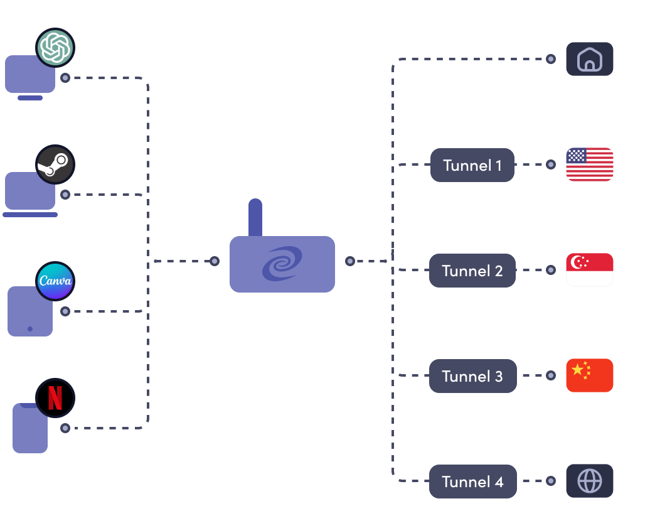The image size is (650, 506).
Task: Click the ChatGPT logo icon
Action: [x=55, y=48]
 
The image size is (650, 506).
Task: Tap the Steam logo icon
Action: [x=55, y=164]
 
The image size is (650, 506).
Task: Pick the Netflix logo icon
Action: [x=55, y=398]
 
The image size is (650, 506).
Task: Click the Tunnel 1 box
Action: [x=472, y=165]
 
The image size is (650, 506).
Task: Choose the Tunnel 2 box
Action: [x=472, y=271]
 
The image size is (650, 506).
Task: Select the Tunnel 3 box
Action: [x=472, y=376]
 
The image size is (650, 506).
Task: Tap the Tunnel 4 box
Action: [x=472, y=482]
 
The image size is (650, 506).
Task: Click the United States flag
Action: [x=589, y=164]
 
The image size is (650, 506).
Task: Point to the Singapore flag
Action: [x=589, y=270]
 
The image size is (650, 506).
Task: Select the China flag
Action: [x=589, y=375]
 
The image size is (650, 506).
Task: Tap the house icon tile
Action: [x=589, y=60]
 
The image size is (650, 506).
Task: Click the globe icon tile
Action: [x=589, y=481]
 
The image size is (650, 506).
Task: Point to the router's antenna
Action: [x=255, y=217]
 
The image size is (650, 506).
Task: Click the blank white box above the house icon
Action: [x=589, y=17]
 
